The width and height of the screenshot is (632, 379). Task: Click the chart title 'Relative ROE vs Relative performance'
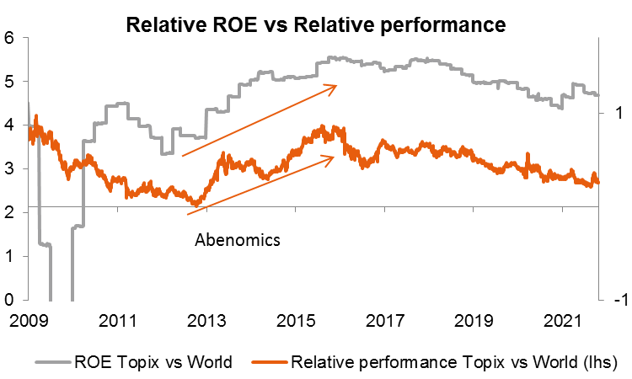pos(315,24)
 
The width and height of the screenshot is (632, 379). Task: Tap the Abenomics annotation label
pos(237,239)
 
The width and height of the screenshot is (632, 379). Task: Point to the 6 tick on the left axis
pos(9,38)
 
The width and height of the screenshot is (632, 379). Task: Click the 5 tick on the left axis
pos(9,82)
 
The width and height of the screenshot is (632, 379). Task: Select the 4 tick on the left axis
pos(9,125)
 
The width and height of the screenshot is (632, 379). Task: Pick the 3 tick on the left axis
pos(9,169)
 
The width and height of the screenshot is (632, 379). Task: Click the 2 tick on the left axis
pos(9,213)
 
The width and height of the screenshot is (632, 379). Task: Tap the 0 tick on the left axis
pos(9,300)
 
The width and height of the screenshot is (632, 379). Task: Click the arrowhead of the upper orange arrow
pos(334,85)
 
